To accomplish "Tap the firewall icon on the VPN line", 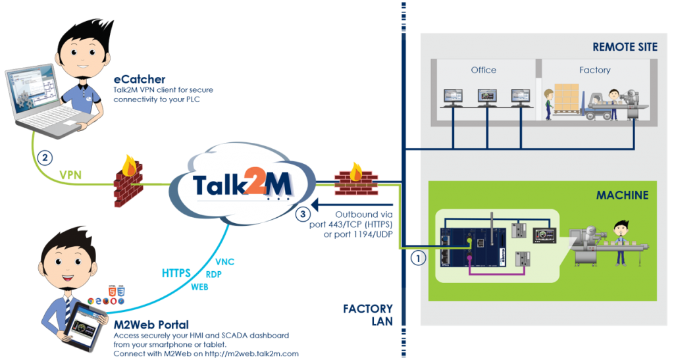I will pyautogui.click(x=127, y=181).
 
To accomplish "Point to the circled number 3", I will pyautogui.click(x=303, y=213).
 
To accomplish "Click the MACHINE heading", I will pyautogui.click(x=622, y=195).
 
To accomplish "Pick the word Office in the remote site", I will pyautogui.click(x=483, y=70).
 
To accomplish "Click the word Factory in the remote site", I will pyautogui.click(x=594, y=70).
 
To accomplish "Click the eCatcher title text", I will pyautogui.click(x=135, y=79).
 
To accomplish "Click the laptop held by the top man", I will pyautogui.click(x=39, y=99).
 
